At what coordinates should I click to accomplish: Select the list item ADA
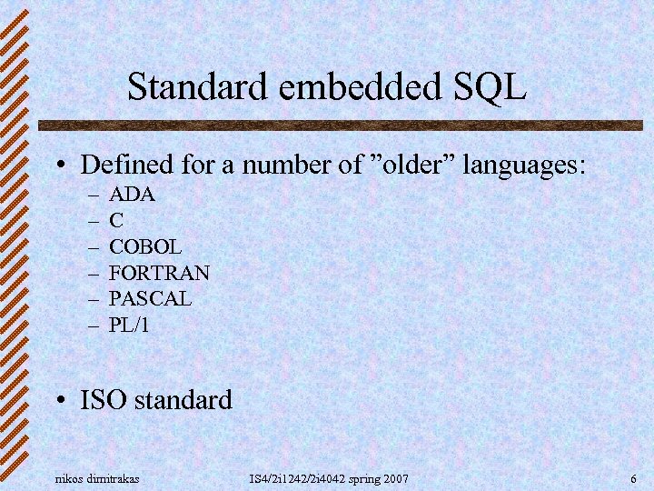point(133,194)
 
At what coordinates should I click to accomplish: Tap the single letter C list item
point(116,220)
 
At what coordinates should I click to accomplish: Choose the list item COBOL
point(145,246)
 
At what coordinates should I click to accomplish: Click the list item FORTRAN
point(159,273)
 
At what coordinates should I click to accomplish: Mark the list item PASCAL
point(150,298)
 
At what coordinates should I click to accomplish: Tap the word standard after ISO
point(184,399)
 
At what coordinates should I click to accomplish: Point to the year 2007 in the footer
point(395,478)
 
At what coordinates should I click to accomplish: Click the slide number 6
point(632,478)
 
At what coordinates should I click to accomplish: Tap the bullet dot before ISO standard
point(59,400)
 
